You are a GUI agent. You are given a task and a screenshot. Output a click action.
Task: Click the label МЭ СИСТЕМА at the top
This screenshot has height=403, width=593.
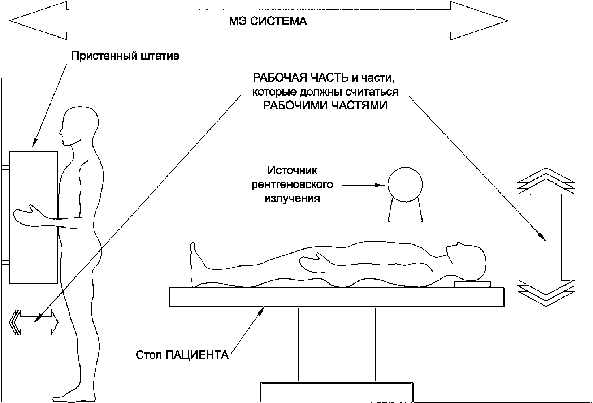[x=268, y=21]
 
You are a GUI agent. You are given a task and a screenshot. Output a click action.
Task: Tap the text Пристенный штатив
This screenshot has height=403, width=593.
[x=125, y=57]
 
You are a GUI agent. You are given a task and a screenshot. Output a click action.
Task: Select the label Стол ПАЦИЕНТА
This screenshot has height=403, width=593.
[x=182, y=355]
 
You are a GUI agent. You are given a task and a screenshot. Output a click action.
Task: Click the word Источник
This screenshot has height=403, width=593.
[x=293, y=170]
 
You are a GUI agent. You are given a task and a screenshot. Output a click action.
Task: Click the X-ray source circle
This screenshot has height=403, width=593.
[x=405, y=185]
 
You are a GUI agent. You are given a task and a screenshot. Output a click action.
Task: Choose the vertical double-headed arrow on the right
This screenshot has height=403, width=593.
[x=546, y=237]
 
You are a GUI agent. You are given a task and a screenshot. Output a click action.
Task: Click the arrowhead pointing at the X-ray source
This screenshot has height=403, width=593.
[x=380, y=185]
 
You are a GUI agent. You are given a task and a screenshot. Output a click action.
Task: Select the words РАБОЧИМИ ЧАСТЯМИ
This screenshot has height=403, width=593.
[x=325, y=106]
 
